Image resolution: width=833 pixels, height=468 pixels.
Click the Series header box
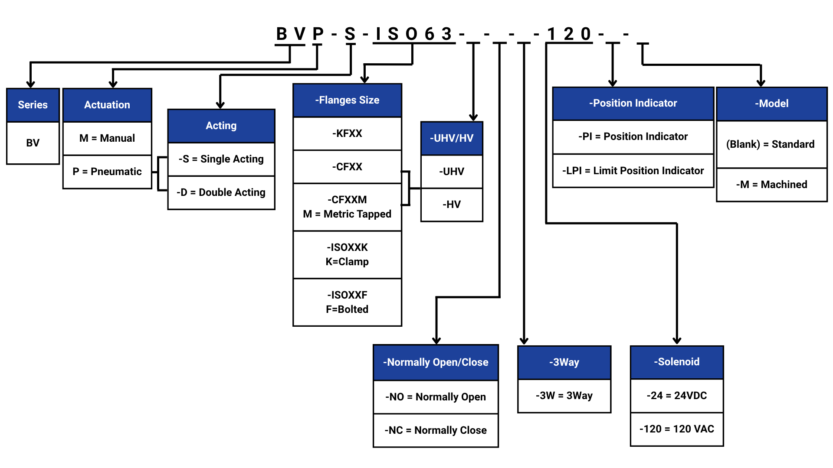(x=33, y=105)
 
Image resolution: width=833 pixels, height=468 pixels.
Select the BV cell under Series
(x=33, y=143)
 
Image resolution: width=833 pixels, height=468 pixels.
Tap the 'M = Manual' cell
(x=107, y=138)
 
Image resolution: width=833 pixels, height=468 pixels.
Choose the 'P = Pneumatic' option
(x=107, y=172)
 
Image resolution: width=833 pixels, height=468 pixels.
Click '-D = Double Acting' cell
(x=221, y=192)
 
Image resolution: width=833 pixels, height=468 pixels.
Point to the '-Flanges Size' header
(x=347, y=100)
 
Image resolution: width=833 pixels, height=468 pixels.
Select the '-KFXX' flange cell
(x=347, y=133)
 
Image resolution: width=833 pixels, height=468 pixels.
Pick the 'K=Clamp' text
(x=347, y=262)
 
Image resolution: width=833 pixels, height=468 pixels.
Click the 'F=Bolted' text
(x=347, y=309)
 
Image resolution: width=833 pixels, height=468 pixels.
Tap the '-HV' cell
(x=452, y=205)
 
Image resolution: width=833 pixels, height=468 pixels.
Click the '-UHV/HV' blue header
(x=452, y=138)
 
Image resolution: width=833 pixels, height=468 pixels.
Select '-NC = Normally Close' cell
(x=436, y=430)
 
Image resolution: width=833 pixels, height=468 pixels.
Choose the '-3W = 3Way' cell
(x=564, y=396)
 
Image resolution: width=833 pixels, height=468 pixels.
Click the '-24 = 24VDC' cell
(x=677, y=396)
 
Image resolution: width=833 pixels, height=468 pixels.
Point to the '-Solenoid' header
(x=677, y=362)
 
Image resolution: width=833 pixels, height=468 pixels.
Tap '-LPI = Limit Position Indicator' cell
(x=633, y=171)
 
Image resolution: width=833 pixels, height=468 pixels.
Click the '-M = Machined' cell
(x=771, y=185)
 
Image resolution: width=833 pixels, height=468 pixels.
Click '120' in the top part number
(x=569, y=34)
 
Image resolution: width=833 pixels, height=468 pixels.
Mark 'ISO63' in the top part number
(x=414, y=34)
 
